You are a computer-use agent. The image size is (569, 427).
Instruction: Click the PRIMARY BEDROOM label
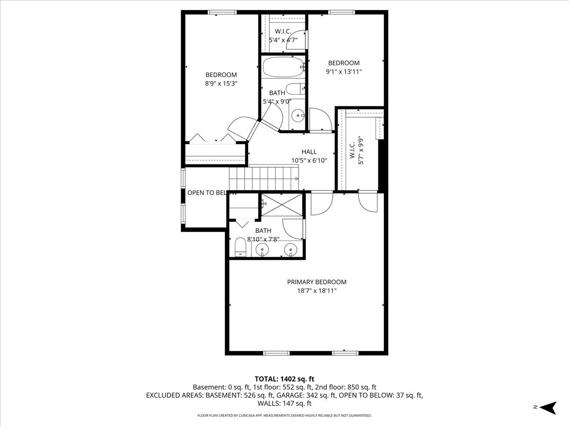point(316,282)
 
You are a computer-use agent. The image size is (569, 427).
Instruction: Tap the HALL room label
point(309,152)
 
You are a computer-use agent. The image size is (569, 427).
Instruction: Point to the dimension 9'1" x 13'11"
point(343,72)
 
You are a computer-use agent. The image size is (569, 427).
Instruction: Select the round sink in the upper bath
point(297,114)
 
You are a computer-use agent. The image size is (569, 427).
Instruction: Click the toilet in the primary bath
point(240,247)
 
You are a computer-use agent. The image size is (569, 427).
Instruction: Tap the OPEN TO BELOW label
point(211,193)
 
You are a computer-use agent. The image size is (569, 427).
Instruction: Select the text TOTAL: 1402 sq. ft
point(284,379)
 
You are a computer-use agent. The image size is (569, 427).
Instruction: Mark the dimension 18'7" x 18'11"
point(316,291)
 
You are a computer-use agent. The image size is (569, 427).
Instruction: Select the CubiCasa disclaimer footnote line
point(284,416)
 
